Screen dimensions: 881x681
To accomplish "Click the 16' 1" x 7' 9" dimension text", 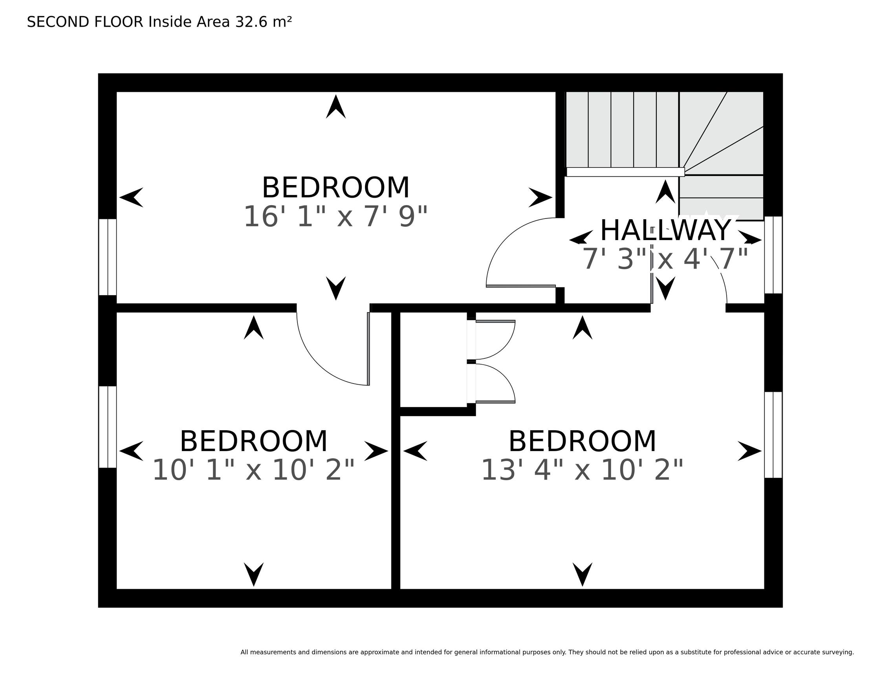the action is click(335, 217).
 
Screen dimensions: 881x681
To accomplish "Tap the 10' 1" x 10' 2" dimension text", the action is click(253, 470).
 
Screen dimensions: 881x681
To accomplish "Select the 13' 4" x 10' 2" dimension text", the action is click(582, 470).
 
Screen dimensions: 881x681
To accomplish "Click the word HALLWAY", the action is click(666, 230).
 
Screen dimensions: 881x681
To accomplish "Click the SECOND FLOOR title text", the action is click(85, 22).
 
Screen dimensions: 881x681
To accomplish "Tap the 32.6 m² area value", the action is click(264, 22).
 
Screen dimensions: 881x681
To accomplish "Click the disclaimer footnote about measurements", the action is click(547, 652).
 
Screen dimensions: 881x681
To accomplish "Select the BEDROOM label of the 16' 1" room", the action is click(335, 188).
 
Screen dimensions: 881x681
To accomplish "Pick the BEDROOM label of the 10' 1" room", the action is click(253, 441).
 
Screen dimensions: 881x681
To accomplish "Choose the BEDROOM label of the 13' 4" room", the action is click(582, 441).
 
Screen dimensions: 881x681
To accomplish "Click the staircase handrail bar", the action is click(625, 172).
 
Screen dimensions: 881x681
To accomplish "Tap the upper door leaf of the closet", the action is click(495, 321).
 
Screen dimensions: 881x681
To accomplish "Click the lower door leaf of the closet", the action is click(495, 402).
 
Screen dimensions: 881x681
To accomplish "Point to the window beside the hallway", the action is click(773, 255).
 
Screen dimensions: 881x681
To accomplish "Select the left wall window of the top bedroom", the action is click(108, 257).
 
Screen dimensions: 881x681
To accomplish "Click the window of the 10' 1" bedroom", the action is click(108, 427).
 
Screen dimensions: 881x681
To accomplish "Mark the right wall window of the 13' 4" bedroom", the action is click(773, 435).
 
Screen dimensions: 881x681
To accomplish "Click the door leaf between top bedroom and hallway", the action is click(521, 286).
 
